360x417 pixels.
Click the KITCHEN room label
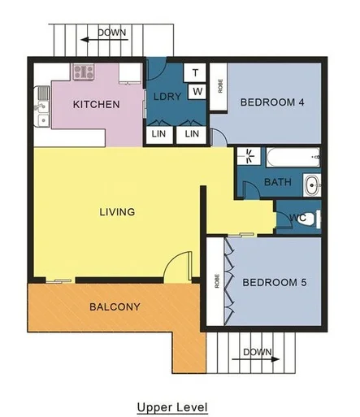(x=97, y=104)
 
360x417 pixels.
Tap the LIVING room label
(x=116, y=212)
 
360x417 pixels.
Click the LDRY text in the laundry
(x=167, y=98)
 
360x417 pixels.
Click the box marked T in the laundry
(x=196, y=73)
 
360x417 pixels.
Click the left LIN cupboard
(x=158, y=133)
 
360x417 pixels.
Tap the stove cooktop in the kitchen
(x=83, y=72)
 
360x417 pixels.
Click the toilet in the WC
(x=316, y=218)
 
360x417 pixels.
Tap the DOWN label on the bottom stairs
(x=257, y=352)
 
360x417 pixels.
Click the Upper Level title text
(x=171, y=406)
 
